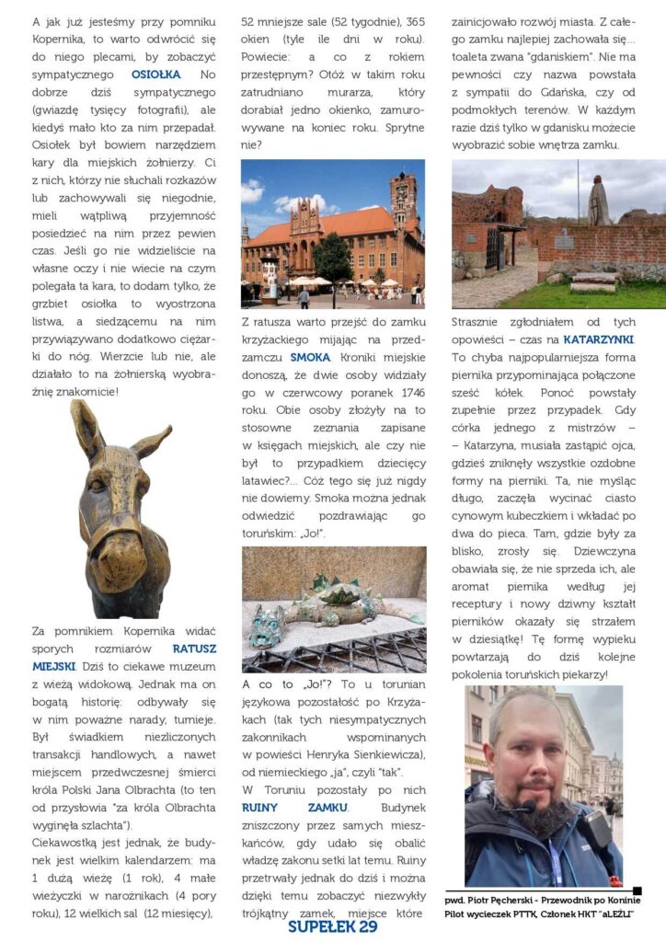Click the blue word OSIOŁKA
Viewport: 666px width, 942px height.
tap(155, 74)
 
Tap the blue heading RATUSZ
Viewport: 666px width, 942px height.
tap(194, 648)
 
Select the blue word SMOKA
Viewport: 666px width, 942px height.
tap(306, 357)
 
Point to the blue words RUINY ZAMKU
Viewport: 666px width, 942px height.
tap(295, 807)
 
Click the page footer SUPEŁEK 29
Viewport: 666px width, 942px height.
tap(332, 927)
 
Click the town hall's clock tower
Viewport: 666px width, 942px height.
tap(402, 202)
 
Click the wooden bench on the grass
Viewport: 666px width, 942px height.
tap(593, 281)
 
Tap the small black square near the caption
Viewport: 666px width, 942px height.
tap(637, 890)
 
